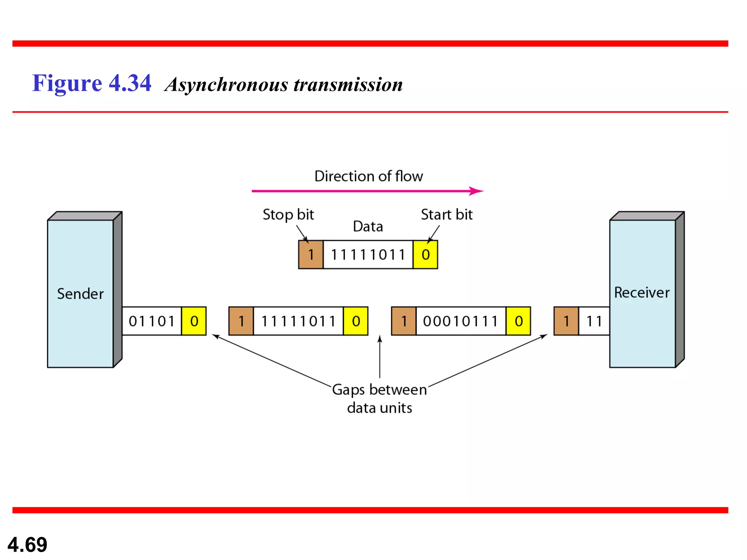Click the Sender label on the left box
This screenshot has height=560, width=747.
(80, 294)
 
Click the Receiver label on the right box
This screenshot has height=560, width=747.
(642, 292)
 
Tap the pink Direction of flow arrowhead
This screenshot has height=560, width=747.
(476, 191)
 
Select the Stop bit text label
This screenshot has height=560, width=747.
(288, 215)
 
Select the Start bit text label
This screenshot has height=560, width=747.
(446, 215)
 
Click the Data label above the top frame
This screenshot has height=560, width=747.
(368, 226)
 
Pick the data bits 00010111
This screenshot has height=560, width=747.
(461, 321)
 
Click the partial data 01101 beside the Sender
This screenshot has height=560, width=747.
(152, 321)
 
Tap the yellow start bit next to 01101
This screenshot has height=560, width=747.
(194, 321)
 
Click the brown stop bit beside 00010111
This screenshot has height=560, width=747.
(404, 321)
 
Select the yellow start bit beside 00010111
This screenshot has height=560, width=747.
(518, 321)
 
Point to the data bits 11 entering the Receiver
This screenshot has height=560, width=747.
(594, 321)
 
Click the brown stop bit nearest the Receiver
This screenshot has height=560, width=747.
(566, 321)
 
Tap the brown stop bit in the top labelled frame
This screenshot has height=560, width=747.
(311, 254)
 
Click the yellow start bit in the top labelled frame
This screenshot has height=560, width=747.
(425, 254)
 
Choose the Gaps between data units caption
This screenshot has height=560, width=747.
(379, 398)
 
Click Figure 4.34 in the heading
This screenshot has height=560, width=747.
(92, 83)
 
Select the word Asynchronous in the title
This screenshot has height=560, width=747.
(226, 85)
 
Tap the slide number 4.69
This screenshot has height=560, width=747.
(27, 545)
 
